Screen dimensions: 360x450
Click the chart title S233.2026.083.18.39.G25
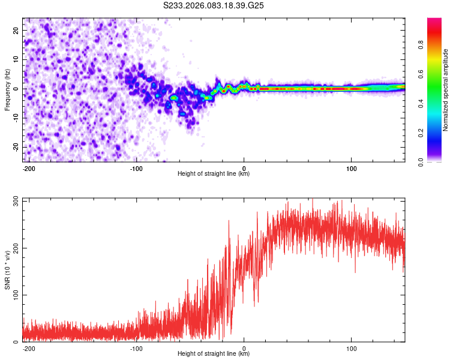(x=214, y=6)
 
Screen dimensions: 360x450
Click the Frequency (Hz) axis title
(x=7, y=89)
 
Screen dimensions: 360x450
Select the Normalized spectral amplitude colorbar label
(x=446, y=89)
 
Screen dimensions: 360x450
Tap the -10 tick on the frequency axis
(x=16, y=118)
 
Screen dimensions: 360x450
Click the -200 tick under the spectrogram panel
(x=29, y=167)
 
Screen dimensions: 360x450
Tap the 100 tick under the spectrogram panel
(x=351, y=167)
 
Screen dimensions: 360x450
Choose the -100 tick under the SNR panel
(x=136, y=347)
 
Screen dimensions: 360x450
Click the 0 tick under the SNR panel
(x=244, y=347)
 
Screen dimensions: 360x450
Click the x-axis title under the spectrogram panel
(x=214, y=174)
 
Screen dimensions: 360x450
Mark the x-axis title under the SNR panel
(x=214, y=354)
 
